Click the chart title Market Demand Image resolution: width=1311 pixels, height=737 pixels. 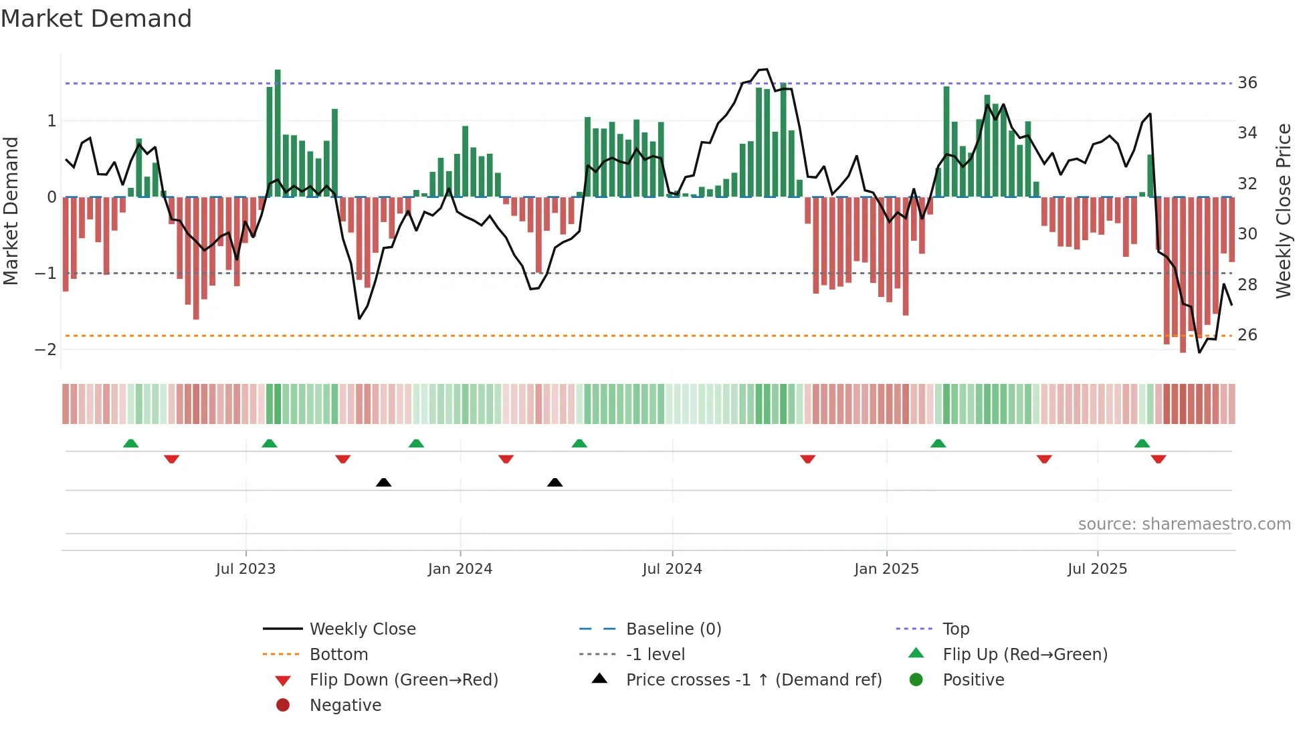click(96, 19)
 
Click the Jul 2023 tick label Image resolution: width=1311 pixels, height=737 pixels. click(245, 569)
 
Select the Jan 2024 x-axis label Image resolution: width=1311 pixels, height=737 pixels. click(460, 569)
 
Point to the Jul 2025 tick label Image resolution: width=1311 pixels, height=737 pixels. click(1097, 569)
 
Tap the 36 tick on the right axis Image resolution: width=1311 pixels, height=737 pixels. click(1247, 83)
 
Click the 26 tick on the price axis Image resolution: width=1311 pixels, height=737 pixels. click(1247, 334)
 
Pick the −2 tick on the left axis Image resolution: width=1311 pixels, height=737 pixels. click(46, 349)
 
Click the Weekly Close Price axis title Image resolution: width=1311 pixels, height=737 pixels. click(1284, 211)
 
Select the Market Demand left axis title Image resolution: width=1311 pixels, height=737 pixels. click(11, 211)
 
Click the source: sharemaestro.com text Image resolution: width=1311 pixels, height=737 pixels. click(1184, 524)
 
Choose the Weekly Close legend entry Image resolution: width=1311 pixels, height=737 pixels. click(362, 629)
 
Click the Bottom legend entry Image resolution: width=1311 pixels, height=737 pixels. click(338, 655)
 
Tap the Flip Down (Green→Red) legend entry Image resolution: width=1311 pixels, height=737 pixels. click(403, 680)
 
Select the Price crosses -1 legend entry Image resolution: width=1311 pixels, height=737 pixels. click(753, 680)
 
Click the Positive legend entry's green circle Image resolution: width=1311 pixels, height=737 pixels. click(916, 680)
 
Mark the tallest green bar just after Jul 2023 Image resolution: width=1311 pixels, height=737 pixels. click(278, 134)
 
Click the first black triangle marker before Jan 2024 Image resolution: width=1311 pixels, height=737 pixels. click(383, 482)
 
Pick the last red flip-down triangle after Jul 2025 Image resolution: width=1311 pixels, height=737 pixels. click(1158, 459)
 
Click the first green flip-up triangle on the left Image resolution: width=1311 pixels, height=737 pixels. click(131, 443)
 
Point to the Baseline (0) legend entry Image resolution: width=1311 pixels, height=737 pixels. click(673, 629)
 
